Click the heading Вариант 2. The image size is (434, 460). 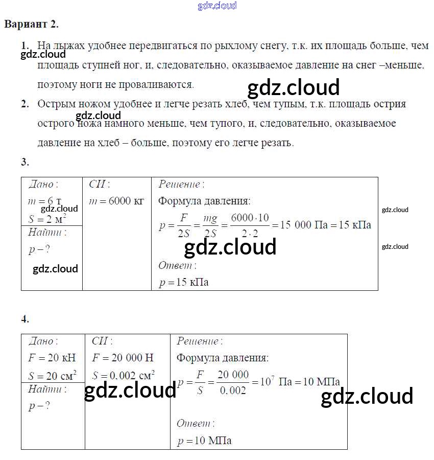click(31, 24)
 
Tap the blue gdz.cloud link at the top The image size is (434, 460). click(217, 6)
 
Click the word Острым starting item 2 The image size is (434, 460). click(55, 104)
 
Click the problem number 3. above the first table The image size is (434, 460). click(25, 163)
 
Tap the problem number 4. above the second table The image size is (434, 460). click(25, 319)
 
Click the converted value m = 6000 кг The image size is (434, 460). click(116, 201)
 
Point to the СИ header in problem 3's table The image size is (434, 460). click(99, 185)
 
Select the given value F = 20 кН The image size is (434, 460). click(52, 358)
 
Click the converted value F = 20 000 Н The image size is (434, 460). click(123, 358)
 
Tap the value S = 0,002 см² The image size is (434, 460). click(124, 376)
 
